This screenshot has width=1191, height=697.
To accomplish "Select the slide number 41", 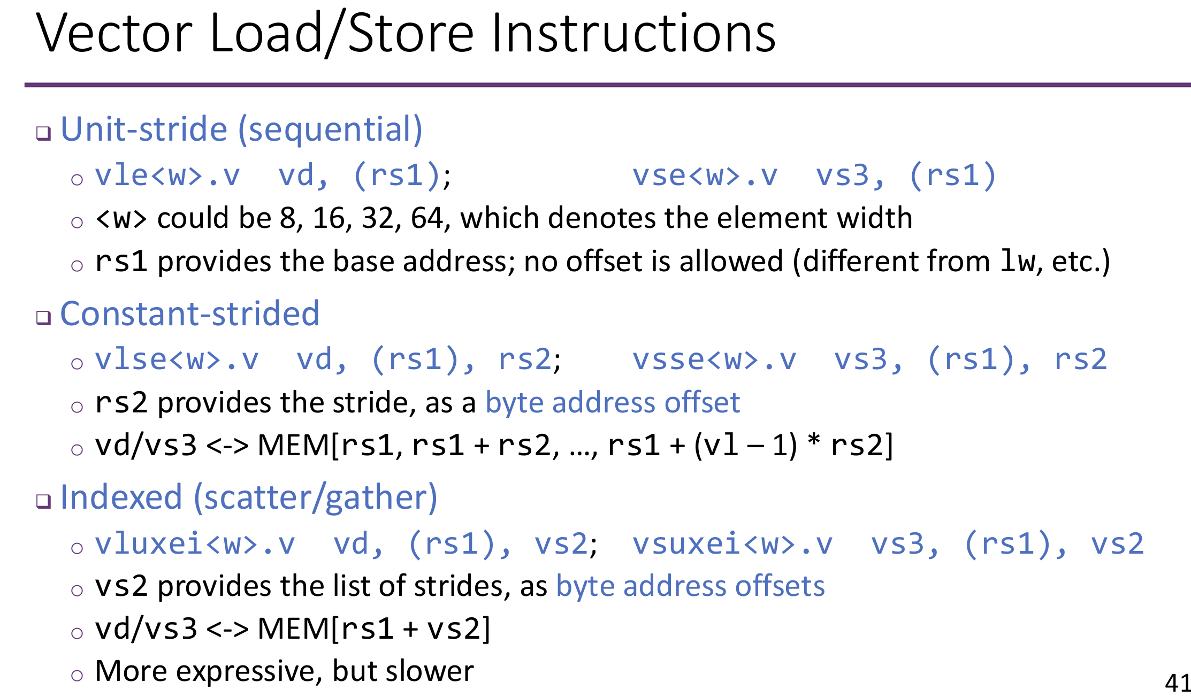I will click(1177, 683).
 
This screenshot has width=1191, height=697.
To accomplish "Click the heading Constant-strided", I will click(190, 313).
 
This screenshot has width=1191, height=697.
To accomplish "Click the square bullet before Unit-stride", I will click(43, 133).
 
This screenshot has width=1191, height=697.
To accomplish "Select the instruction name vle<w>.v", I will click(167, 175).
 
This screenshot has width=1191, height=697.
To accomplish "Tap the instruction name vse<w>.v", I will click(705, 175).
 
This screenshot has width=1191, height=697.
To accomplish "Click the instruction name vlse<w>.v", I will click(177, 359).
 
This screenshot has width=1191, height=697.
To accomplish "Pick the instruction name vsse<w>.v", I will click(714, 359).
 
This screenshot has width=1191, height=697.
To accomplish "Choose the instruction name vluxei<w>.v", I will click(195, 544).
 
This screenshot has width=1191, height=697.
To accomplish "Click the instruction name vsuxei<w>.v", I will click(732, 544).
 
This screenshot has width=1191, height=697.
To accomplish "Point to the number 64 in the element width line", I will click(426, 218).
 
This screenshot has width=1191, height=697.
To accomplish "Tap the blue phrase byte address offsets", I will click(690, 586).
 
